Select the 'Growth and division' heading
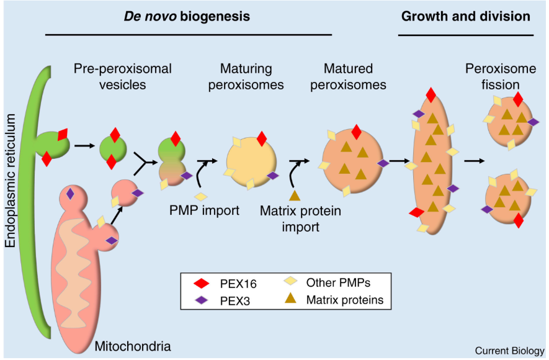[466, 16]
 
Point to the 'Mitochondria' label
[132, 345]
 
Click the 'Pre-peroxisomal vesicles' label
[123, 76]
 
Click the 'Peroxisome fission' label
[493, 76]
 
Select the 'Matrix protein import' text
[301, 218]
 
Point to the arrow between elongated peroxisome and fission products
[475, 161]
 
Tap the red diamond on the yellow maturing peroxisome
[262, 138]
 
